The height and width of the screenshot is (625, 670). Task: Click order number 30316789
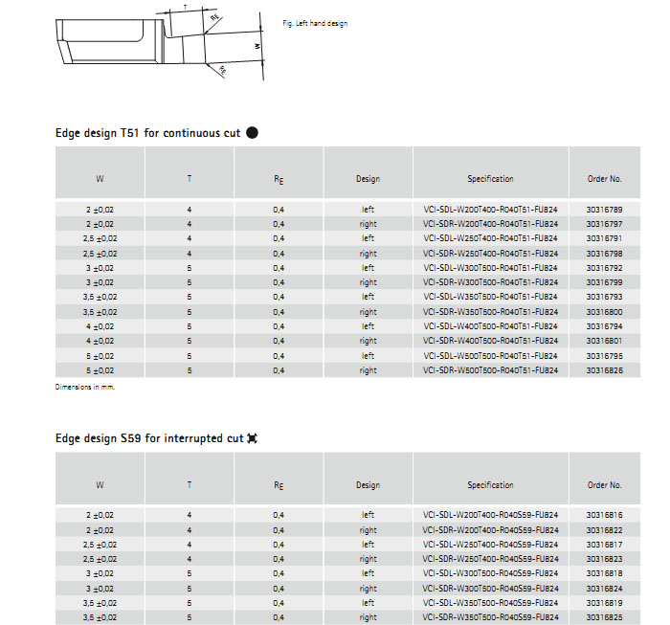604,209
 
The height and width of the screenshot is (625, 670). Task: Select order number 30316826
604,370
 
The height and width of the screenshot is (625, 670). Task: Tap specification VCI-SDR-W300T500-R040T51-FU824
490,282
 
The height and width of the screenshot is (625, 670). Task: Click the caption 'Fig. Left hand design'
316,23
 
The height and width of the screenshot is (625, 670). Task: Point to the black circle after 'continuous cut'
253,133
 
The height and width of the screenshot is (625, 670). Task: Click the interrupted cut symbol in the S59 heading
252,438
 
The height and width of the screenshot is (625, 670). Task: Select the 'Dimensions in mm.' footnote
85,387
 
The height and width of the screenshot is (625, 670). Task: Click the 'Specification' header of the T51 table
490,179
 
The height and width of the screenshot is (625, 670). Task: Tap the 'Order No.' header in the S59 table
604,485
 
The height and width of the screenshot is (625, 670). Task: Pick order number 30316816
604,515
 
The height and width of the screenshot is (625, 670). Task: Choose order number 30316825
604,617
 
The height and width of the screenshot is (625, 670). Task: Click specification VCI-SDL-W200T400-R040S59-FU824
490,515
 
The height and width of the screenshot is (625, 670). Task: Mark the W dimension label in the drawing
257,45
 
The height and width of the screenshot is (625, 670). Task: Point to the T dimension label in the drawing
184,8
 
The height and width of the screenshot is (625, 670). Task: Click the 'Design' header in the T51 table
368,179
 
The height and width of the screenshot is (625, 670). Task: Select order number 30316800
604,312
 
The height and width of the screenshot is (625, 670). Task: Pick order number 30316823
604,559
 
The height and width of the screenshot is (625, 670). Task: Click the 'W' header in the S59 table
100,485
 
